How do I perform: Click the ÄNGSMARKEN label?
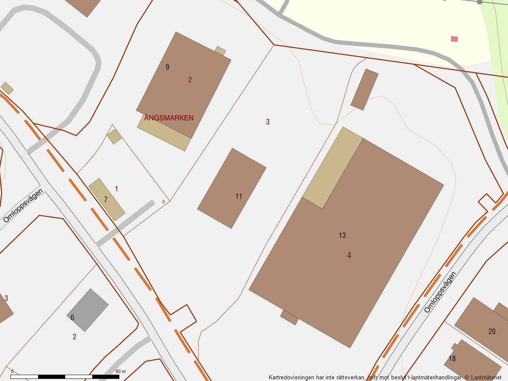tap(169, 118)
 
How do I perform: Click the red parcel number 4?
tap(349, 256)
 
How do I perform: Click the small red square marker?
tap(454, 39)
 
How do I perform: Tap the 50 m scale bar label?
tap(121, 371)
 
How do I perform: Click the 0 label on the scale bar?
tap(12, 371)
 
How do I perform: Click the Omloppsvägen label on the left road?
tap(23, 206)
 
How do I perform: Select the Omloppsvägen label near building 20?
tap(441, 292)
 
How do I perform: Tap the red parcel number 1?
tap(116, 188)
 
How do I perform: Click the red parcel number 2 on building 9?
tap(190, 80)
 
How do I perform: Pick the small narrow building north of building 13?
tap(364, 89)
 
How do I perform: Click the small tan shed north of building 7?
tap(114, 137)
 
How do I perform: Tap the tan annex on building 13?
tap(333, 168)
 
